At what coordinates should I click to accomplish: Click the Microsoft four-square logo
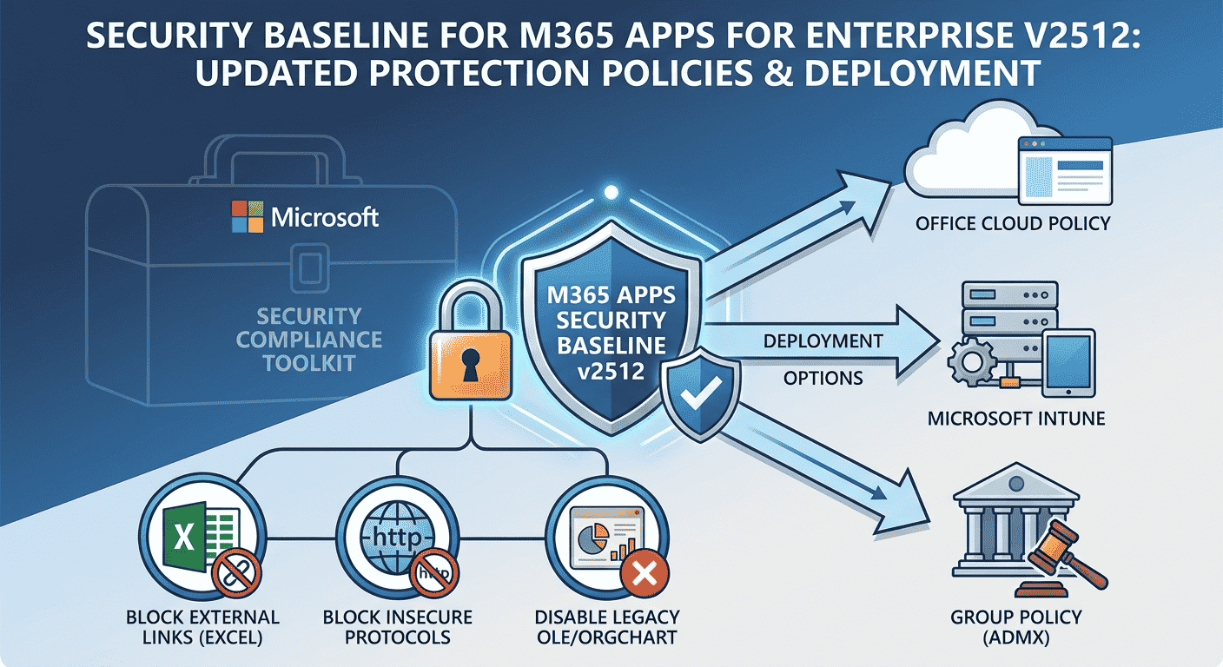[248, 216]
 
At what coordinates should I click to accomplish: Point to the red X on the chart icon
[644, 573]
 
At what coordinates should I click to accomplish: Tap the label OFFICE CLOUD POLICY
[1013, 223]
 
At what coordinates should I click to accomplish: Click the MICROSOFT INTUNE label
[1004, 419]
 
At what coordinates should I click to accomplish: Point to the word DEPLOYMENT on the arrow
[823, 340]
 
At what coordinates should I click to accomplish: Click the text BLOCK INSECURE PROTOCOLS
[397, 627]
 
